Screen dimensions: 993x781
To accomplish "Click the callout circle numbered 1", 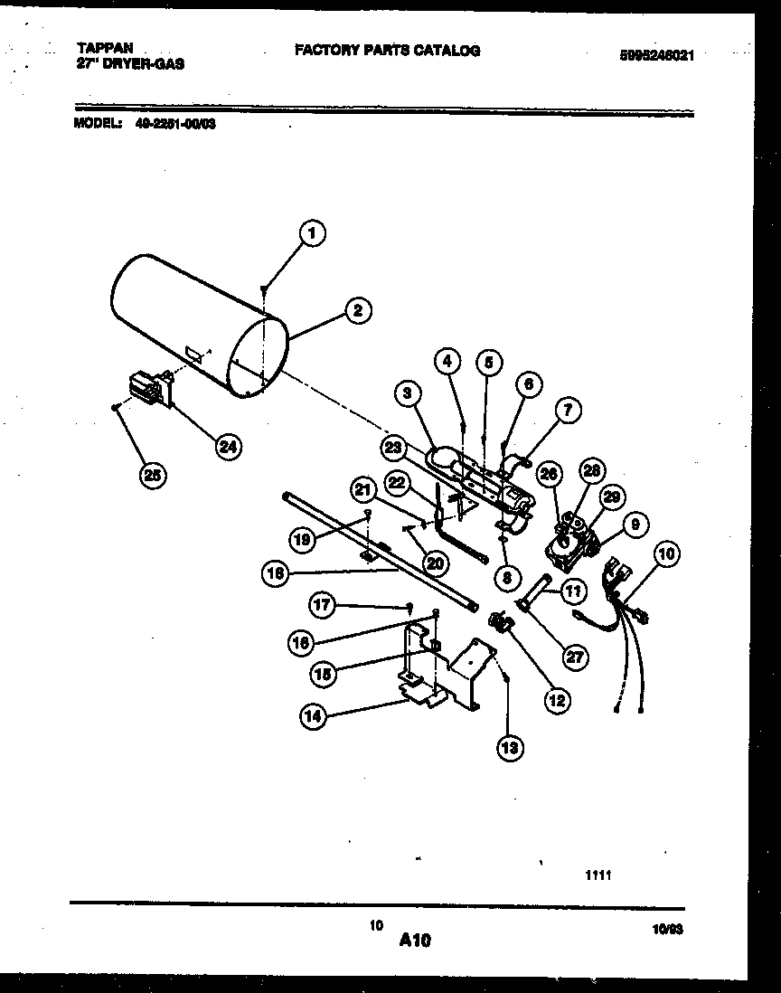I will pyautogui.click(x=312, y=233).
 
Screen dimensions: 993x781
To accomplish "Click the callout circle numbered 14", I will pyautogui.click(x=314, y=716).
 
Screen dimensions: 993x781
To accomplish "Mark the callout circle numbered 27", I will pyautogui.click(x=574, y=657).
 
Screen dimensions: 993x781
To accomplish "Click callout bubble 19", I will pyautogui.click(x=302, y=541).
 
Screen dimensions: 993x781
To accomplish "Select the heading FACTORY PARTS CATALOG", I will pyautogui.click(x=387, y=51).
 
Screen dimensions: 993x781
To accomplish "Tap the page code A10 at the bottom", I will pyautogui.click(x=415, y=941).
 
